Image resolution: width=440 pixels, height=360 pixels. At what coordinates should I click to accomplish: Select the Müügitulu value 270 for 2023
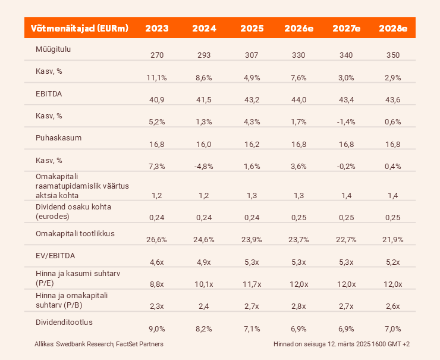tap(156, 55)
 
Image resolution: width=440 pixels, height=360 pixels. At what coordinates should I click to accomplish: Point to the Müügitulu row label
tap(53, 49)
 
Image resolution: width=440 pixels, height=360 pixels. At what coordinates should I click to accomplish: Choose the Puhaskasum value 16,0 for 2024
tap(203, 143)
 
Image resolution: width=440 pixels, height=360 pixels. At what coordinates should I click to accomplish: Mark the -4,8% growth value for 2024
tap(203, 166)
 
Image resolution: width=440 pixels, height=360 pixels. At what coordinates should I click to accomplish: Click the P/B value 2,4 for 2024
tap(203, 306)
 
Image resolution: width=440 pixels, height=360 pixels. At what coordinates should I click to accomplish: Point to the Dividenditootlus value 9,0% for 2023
tap(156, 328)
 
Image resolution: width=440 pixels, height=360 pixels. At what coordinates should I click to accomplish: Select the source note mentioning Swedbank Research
tap(99, 344)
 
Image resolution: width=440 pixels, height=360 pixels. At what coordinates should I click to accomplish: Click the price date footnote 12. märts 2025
tap(341, 344)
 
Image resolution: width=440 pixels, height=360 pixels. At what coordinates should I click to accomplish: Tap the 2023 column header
tap(156, 29)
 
